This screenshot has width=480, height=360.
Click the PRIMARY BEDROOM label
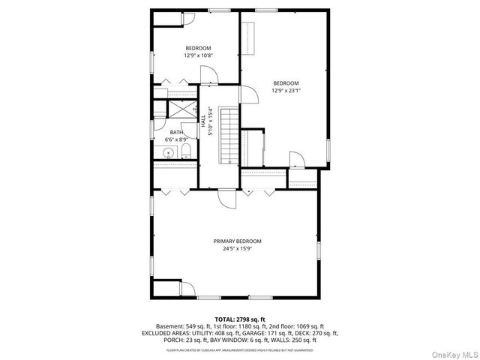[237, 241]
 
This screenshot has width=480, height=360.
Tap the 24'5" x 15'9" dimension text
[237, 249]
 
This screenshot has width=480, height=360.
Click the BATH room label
[176, 132]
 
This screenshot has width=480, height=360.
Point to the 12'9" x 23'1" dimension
[286, 91]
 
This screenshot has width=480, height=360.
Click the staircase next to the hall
[229, 135]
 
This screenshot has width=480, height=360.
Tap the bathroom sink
[169, 153]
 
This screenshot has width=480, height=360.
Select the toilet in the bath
[187, 152]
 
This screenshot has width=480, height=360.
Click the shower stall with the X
[175, 109]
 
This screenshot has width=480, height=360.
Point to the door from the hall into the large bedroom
[245, 92]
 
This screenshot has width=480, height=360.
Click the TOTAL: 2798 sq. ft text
[240, 319]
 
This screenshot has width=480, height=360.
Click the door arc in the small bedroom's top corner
[187, 20]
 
